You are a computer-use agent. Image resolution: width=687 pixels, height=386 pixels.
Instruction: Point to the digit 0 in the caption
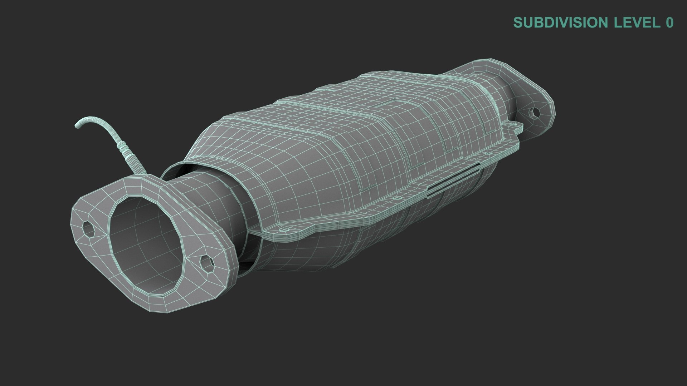tap(669, 23)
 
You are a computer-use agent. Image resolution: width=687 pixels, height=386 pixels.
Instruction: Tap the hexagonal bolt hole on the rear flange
tap(535, 113)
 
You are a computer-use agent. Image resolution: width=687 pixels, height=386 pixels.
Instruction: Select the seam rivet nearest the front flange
tap(285, 229)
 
